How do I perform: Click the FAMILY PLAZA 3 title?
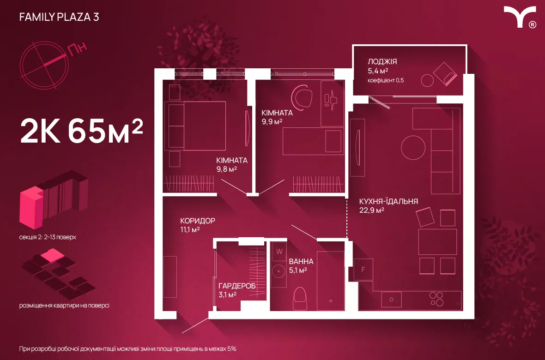click(59, 17)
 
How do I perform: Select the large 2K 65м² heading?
click(82, 131)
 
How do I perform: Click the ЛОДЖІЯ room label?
click(382, 62)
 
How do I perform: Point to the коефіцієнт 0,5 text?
click(386, 80)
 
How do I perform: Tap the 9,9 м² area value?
click(272, 122)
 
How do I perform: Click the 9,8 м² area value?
click(227, 169)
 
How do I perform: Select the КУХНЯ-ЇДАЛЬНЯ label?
click(388, 202)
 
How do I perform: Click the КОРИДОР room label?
click(198, 221)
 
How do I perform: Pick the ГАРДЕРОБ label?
click(237, 286)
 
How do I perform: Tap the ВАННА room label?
click(301, 261)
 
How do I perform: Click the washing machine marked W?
click(279, 251)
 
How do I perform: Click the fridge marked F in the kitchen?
click(363, 269)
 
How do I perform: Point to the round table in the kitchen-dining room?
click(413, 147)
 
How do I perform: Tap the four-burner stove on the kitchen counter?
click(436, 299)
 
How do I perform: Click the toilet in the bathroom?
click(300, 299)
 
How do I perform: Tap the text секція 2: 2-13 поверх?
click(48, 237)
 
